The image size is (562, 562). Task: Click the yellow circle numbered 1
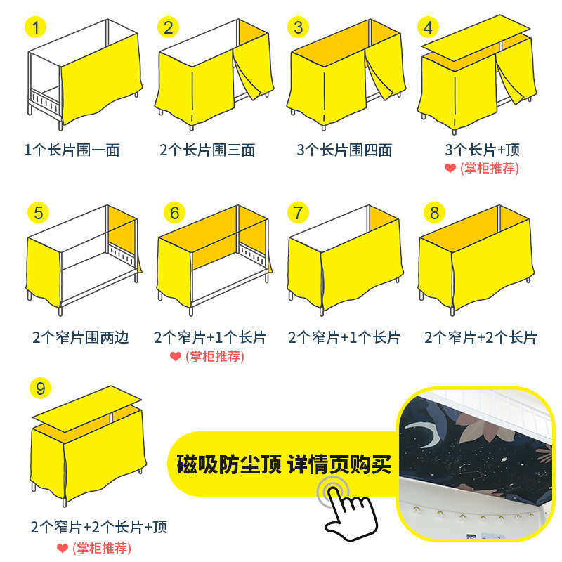click(x=36, y=28)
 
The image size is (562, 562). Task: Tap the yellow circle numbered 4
click(x=429, y=28)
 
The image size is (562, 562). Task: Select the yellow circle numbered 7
click(x=299, y=212)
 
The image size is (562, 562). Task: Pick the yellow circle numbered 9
click(x=41, y=387)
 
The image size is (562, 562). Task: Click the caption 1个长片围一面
click(x=72, y=150)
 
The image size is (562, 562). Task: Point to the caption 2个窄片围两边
click(x=81, y=338)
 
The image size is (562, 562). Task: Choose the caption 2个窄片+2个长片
click(x=481, y=338)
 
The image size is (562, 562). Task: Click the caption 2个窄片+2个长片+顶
click(x=99, y=527)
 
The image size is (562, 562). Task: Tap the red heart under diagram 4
click(x=450, y=169)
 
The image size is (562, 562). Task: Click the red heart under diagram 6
click(x=176, y=357)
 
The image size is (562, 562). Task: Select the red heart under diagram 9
click(x=63, y=548)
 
